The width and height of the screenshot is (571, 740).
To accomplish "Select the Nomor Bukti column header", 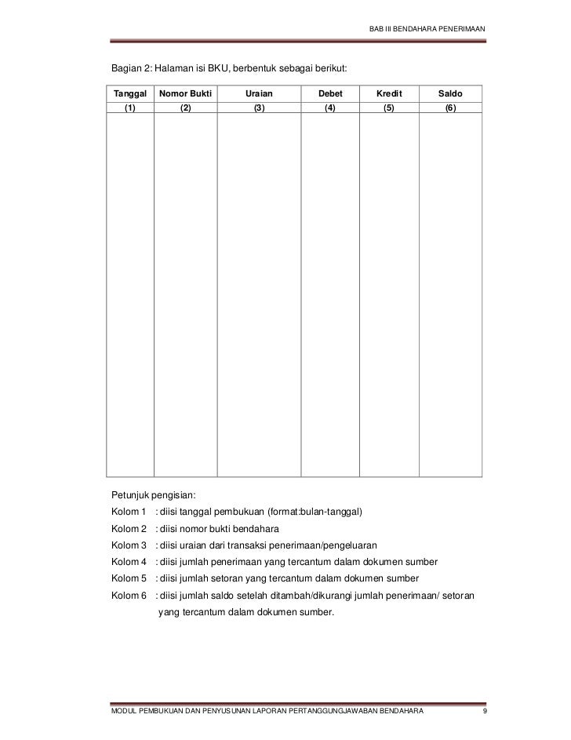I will (x=185, y=94).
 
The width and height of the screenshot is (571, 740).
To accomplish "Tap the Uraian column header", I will (x=259, y=94).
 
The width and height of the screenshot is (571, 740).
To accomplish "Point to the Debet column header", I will (x=330, y=94).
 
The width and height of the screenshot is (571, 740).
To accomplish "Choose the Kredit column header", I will (x=388, y=94).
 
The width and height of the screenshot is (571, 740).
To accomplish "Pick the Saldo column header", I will (x=450, y=94).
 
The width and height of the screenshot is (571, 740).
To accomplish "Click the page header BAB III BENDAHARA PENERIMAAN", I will (x=427, y=30).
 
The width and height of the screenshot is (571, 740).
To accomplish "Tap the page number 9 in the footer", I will (x=486, y=710).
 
